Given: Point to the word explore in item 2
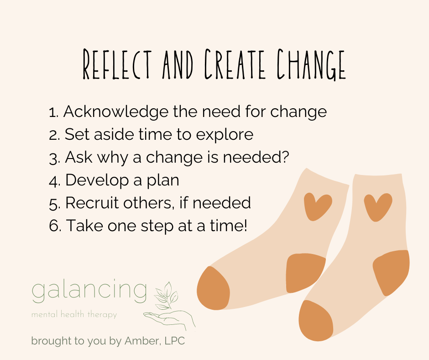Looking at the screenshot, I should pos(226,135).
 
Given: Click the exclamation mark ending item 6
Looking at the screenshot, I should pos(245,225).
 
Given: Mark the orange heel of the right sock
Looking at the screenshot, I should pos(392,272).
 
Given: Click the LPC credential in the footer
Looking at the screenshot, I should pos(174,341).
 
